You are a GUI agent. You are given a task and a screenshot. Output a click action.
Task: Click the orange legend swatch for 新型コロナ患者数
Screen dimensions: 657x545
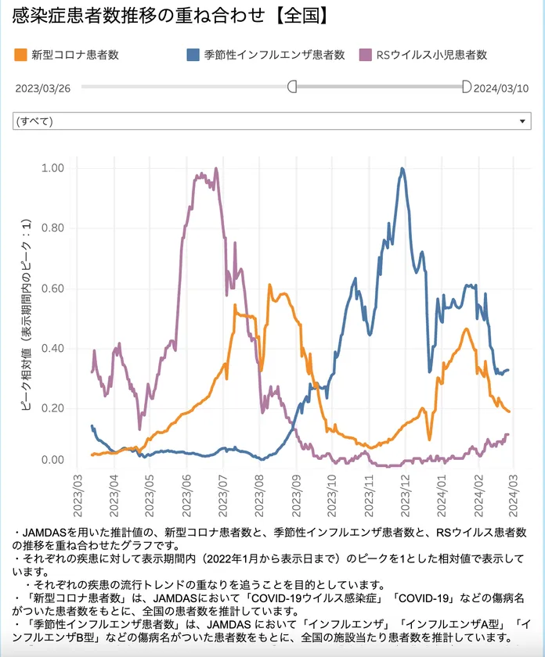click(20, 55)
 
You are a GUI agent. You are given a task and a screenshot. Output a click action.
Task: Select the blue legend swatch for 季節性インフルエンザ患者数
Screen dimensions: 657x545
click(193, 55)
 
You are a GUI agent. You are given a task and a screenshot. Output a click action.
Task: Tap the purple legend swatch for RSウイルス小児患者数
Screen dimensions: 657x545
click(365, 55)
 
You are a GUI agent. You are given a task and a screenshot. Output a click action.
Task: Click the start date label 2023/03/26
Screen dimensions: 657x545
click(43, 88)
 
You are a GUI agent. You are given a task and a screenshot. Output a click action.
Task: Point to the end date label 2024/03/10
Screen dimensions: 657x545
click(501, 88)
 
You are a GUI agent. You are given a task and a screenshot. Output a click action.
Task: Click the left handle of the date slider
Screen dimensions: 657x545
click(292, 86)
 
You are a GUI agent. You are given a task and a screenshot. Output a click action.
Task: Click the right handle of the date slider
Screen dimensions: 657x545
click(467, 86)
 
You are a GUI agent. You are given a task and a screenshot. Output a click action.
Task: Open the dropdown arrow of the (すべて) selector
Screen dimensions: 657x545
click(523, 122)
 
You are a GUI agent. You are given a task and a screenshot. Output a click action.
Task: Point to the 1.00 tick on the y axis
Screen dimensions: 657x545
click(53, 168)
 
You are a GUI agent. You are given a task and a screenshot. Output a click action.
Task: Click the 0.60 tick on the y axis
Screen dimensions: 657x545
click(53, 289)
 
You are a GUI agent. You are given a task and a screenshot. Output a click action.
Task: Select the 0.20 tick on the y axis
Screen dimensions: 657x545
click(53, 408)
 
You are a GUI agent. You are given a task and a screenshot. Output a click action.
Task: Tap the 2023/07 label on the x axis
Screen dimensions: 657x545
click(222, 494)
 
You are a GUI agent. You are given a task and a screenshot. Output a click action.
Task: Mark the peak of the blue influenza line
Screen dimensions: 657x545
click(403, 169)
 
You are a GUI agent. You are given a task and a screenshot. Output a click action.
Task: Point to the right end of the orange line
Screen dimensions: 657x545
click(509, 411)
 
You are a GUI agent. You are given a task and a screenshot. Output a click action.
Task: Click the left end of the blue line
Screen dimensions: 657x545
click(92, 426)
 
